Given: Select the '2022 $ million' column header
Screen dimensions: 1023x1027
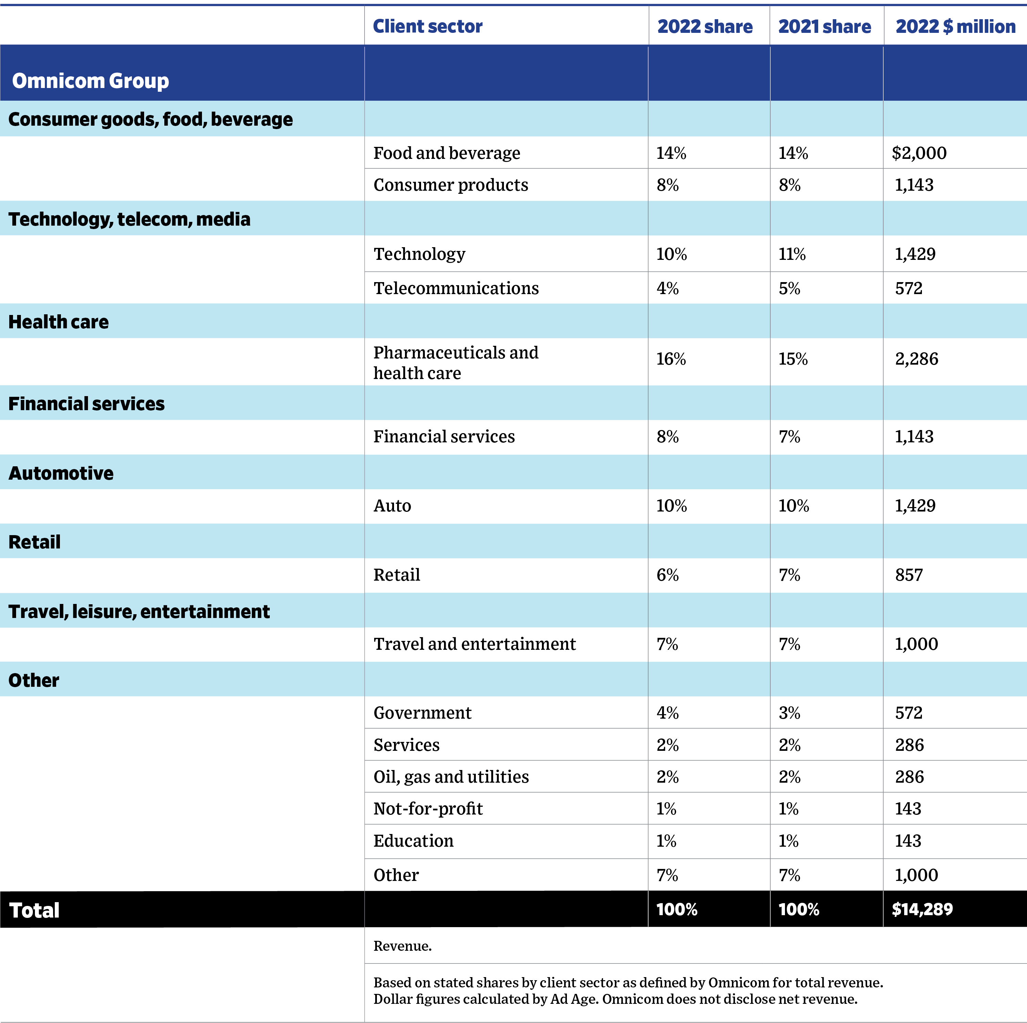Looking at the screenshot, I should [955, 26].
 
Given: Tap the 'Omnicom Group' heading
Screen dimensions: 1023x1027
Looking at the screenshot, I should [90, 81].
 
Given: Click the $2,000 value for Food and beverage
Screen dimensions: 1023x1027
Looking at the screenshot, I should [919, 153].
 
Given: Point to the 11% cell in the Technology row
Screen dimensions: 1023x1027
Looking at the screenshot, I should [792, 254].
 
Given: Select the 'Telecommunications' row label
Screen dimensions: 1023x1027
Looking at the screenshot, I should [456, 288].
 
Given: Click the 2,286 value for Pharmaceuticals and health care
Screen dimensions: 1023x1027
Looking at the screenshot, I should [916, 359].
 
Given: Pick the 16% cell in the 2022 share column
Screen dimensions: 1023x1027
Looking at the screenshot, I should [671, 359].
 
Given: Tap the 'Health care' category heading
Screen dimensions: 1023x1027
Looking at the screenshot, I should [59, 322].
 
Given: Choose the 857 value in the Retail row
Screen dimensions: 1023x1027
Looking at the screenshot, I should [909, 575].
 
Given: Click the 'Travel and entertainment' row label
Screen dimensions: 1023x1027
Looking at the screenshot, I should [474, 644].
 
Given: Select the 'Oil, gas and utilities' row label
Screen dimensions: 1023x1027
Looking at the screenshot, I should [451, 777].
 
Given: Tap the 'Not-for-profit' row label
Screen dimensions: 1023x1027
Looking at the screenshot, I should [428, 809].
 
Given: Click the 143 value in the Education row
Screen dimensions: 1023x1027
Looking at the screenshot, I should [908, 841].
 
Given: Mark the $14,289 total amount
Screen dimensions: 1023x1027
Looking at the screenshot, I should [922, 909].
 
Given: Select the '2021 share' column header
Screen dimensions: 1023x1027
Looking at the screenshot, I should [824, 26].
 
